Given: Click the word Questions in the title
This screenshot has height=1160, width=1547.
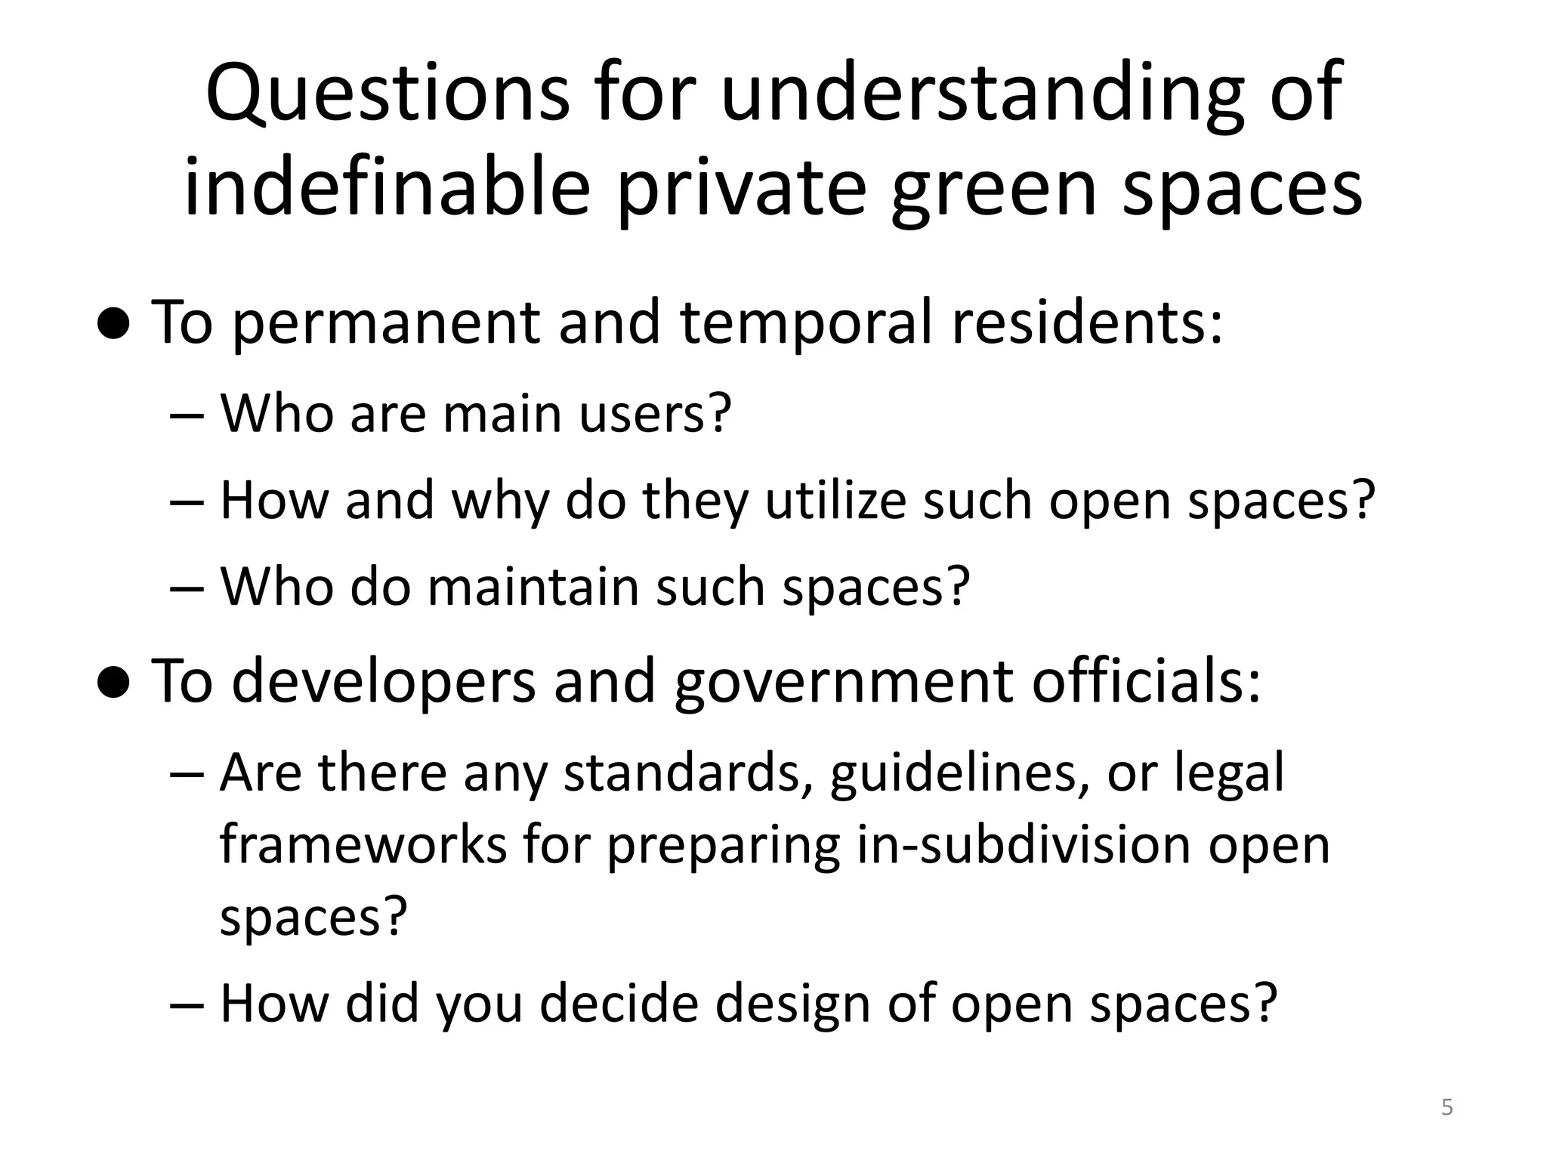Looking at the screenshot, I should (x=388, y=94).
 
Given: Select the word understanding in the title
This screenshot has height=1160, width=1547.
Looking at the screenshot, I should (x=981, y=94).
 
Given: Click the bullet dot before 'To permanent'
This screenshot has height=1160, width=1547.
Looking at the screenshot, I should (x=115, y=325).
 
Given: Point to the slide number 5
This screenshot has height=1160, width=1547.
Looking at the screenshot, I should (x=1447, y=1108).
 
